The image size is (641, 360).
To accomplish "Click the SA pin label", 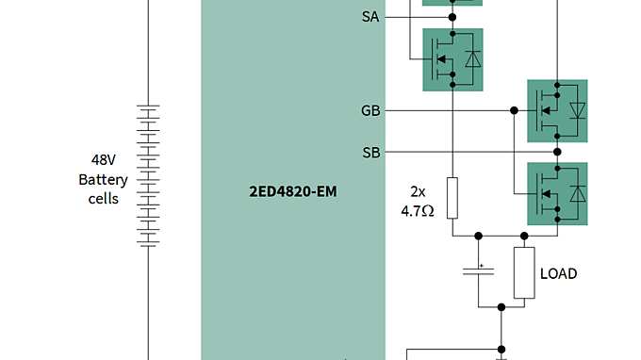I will coord(371,17).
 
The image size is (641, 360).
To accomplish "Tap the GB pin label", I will coord(371,110).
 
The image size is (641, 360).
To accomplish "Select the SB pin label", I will coord(371,152).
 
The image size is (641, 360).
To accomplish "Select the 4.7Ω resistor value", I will coord(417,212).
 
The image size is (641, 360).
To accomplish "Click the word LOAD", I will coord(558,274).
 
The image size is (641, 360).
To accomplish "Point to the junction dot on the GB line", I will coord(514,110).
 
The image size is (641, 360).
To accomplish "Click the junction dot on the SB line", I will coord(557,152).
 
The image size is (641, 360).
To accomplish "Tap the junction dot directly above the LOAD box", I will coord(524,236).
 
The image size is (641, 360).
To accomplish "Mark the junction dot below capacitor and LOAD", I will coord(501,306).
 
